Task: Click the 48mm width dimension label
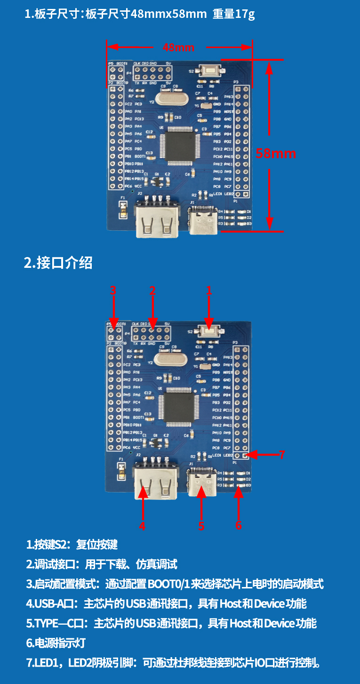pyautogui.click(x=178, y=48)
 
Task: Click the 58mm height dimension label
pyautogui.click(x=276, y=153)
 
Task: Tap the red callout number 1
pyautogui.click(x=209, y=290)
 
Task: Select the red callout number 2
pyautogui.click(x=152, y=290)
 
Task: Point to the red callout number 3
pyautogui.click(x=113, y=290)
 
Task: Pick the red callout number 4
pyautogui.click(x=142, y=526)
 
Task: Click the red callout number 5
pyautogui.click(x=201, y=526)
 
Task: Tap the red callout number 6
pyautogui.click(x=239, y=525)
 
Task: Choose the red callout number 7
pyautogui.click(x=282, y=454)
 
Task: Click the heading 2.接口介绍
pyautogui.click(x=58, y=263)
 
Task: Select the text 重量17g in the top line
pyautogui.click(x=234, y=14)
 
